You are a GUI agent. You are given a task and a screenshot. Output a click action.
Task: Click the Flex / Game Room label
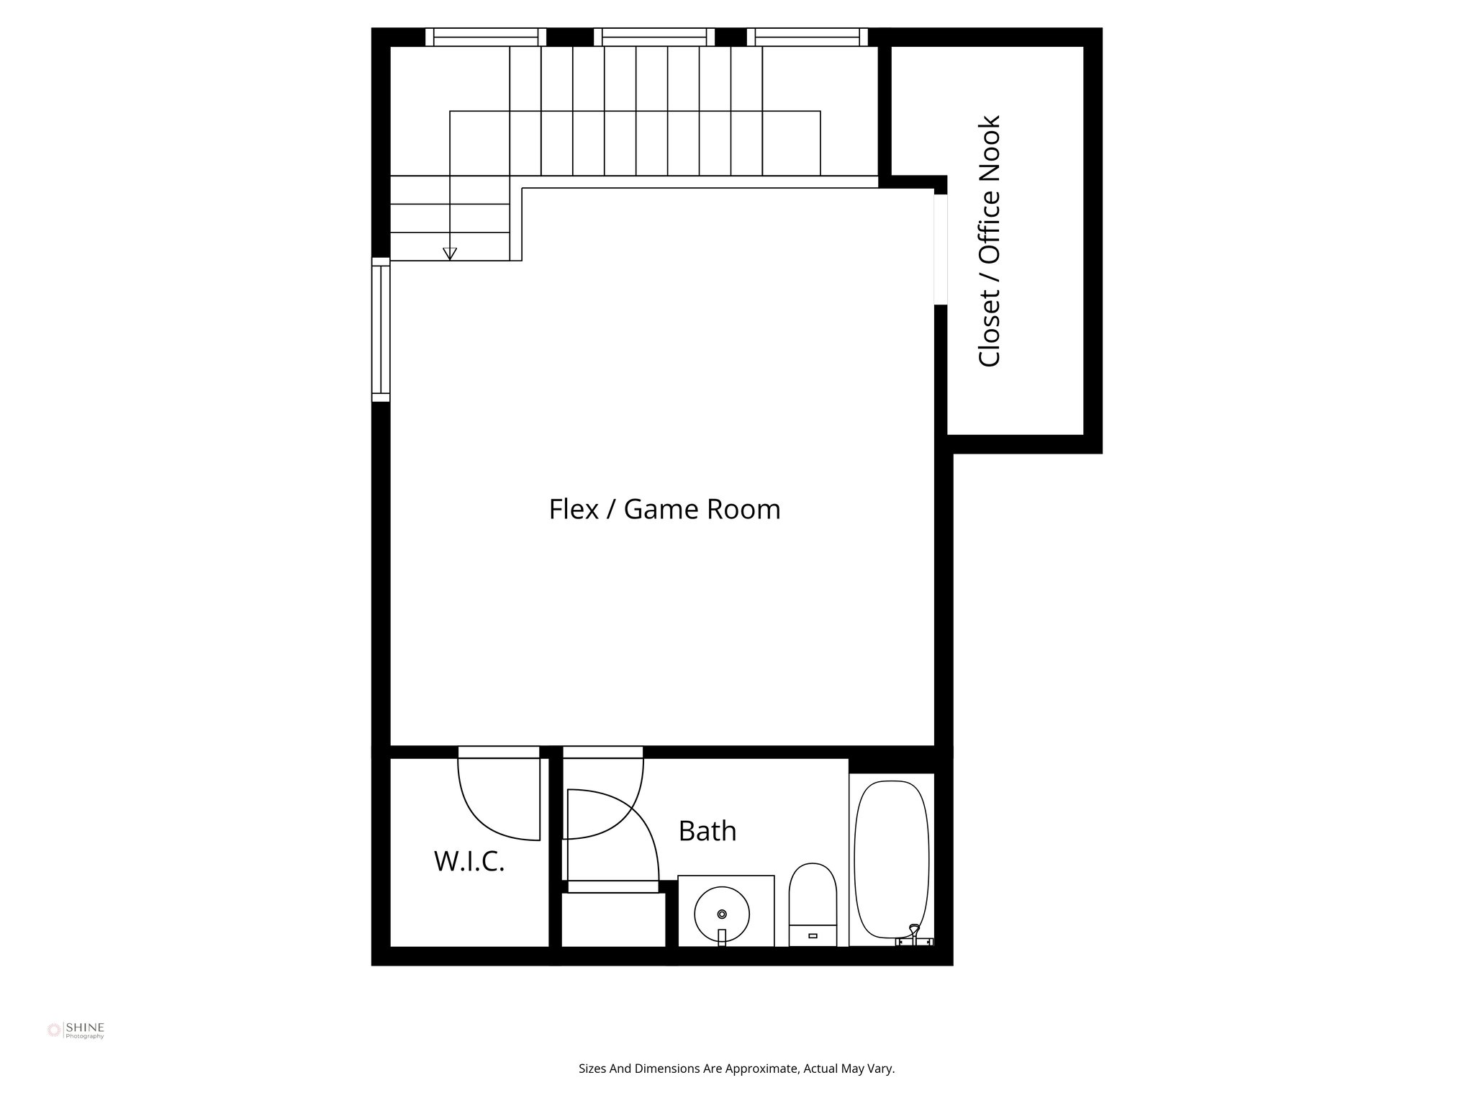pyautogui.click(x=664, y=509)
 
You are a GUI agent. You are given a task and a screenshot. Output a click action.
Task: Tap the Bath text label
pyautogui.click(x=707, y=831)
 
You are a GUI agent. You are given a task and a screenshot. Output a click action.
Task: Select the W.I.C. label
pyautogui.click(x=469, y=861)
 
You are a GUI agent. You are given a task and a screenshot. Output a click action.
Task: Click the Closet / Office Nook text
pyautogui.click(x=990, y=241)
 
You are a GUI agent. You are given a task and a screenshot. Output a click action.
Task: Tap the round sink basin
pyautogui.click(x=722, y=914)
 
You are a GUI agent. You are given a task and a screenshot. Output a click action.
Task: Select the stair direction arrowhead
pyautogui.click(x=450, y=253)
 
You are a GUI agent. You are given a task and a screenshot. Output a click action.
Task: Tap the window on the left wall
pyautogui.click(x=381, y=329)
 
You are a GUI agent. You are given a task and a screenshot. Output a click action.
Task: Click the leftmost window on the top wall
pyautogui.click(x=485, y=37)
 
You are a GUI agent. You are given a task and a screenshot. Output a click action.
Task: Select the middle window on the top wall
pyautogui.click(x=654, y=37)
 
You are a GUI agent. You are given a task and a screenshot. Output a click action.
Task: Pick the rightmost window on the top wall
pyautogui.click(x=807, y=37)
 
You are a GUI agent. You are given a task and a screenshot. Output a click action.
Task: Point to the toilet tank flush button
pyautogui.click(x=813, y=936)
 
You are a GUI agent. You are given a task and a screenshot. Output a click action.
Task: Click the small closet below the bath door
pyautogui.click(x=613, y=920)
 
